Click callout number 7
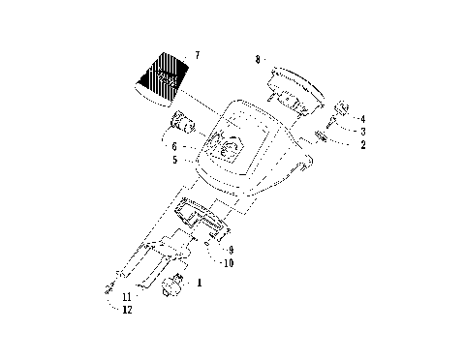pyautogui.click(x=198, y=57)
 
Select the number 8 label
pyautogui.click(x=258, y=59)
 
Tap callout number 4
pyautogui.click(x=362, y=118)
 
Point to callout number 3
pyautogui.click(x=362, y=131)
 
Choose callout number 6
pyautogui.click(x=174, y=146)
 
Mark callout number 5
pyautogui.click(x=174, y=160)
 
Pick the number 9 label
pyautogui.click(x=230, y=250)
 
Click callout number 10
pyautogui.click(x=228, y=262)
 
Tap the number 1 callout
pyautogui.click(x=200, y=284)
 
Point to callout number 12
pyautogui.click(x=127, y=310)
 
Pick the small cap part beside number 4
pyautogui.click(x=342, y=109)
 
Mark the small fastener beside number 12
pyautogui.click(x=108, y=287)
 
